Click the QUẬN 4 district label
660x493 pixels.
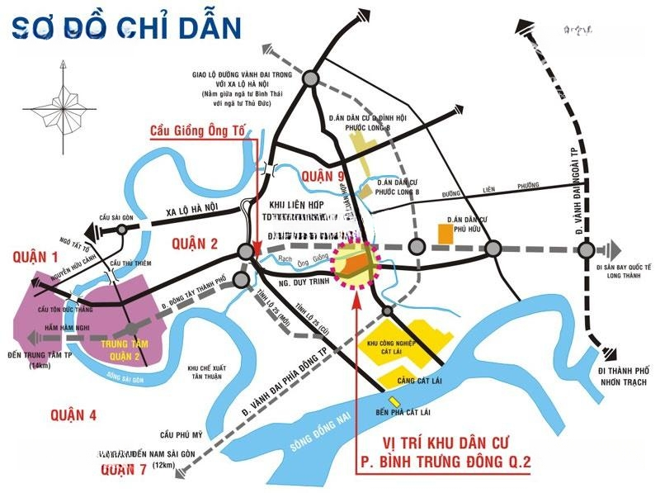(73, 414)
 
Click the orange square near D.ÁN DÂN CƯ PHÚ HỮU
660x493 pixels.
(445, 235)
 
